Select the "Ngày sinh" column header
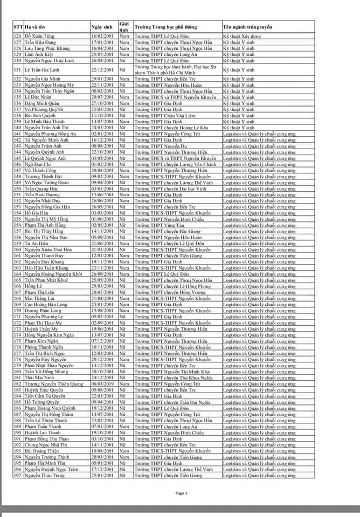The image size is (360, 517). click(101, 26)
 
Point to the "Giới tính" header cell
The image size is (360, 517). click(124, 26)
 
